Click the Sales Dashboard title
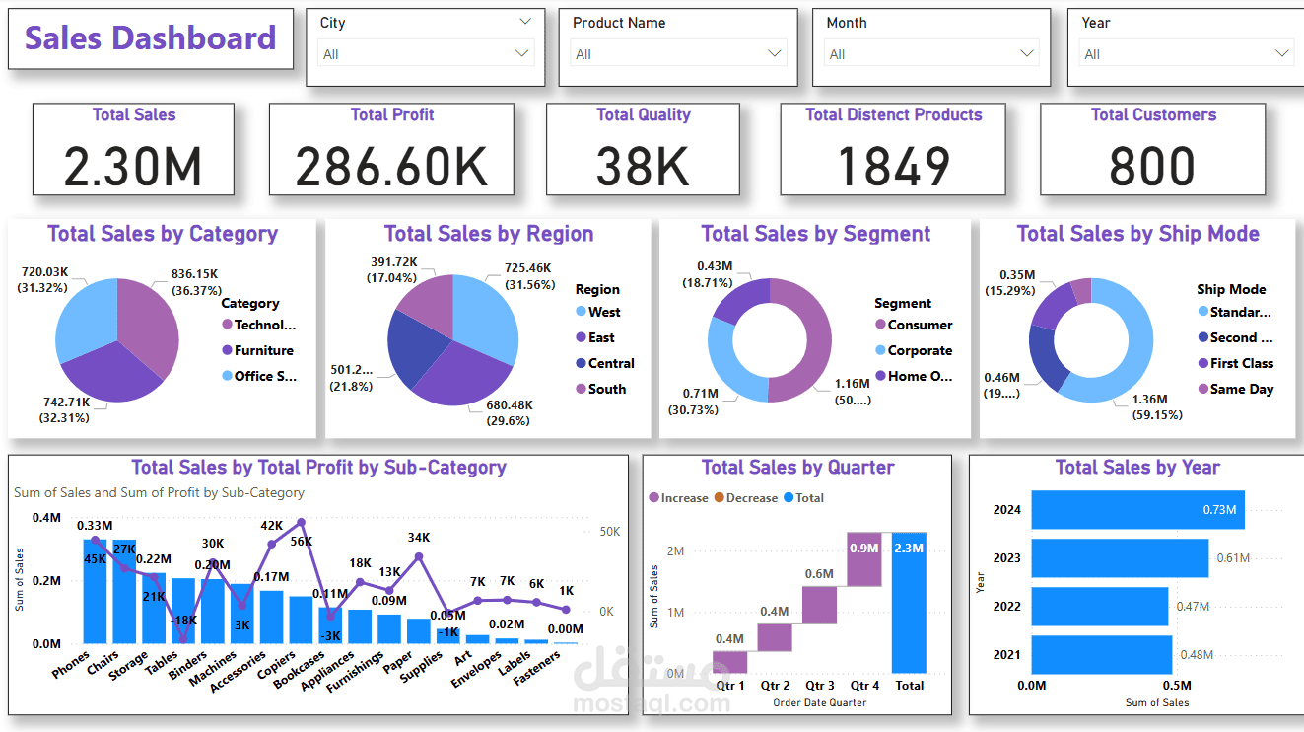[150, 38]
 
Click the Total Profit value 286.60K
[391, 166]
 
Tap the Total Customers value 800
[1151, 166]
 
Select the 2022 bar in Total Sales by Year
[1099, 606]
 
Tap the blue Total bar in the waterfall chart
[909, 603]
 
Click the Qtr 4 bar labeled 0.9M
[864, 559]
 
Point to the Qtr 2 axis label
[775, 685]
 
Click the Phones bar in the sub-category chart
[95, 590]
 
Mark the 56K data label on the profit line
[301, 541]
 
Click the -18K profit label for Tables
[184, 621]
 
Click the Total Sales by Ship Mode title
[1137, 234]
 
